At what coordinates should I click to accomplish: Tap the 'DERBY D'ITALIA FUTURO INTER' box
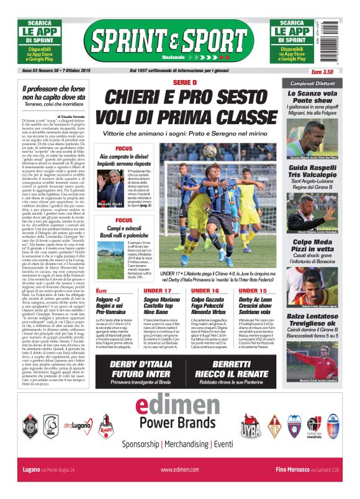coord(140,369)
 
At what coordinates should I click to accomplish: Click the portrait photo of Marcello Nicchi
coord(109,189)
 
